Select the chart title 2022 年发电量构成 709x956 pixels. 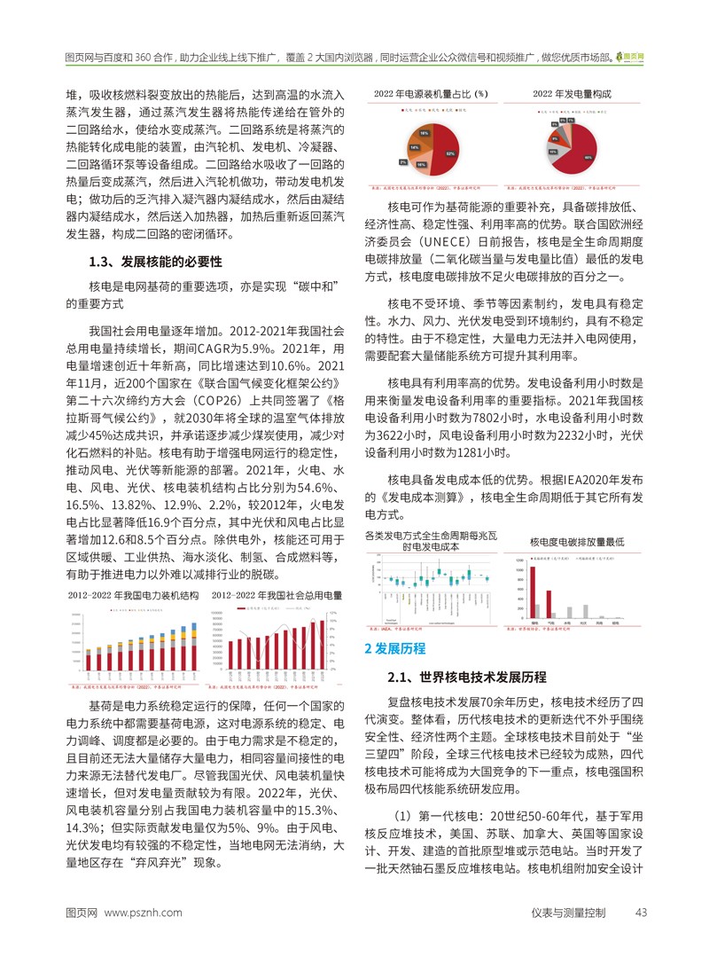tap(573, 93)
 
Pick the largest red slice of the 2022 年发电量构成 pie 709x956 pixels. tap(585, 155)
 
